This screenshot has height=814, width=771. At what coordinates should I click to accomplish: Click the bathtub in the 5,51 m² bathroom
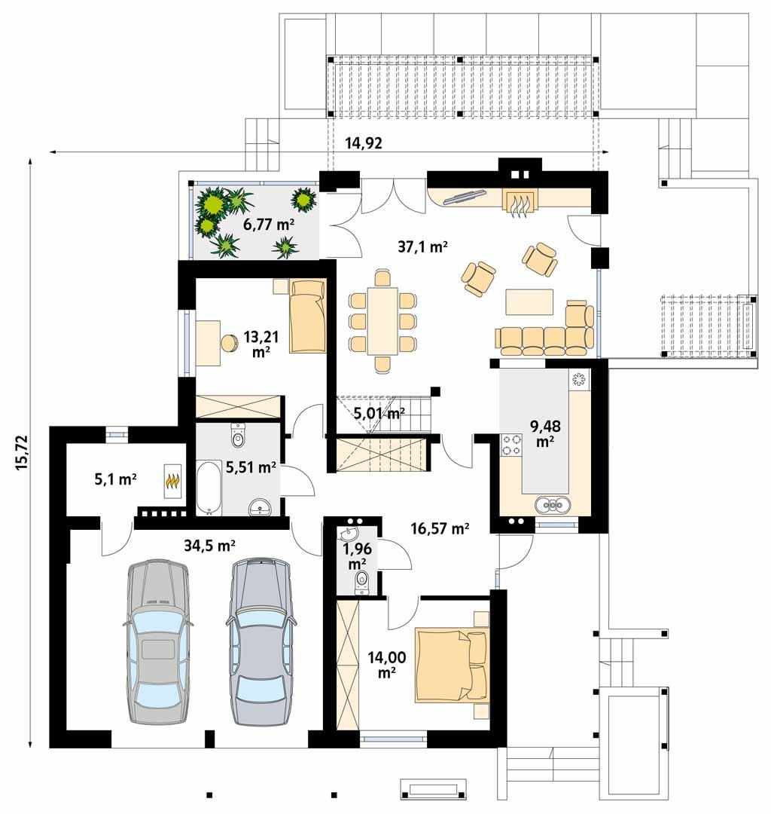point(209,488)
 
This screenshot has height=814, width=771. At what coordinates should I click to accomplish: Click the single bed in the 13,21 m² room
point(307,315)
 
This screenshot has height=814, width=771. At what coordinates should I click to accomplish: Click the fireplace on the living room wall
point(519,202)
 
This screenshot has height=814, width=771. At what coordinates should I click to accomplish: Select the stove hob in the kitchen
point(511,445)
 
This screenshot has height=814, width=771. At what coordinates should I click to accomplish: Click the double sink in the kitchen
point(553,504)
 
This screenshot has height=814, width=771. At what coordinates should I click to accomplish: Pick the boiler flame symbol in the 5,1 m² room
point(172,480)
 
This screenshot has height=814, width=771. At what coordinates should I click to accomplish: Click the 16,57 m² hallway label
point(440,529)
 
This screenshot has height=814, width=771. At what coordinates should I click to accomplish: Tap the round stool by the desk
point(229,344)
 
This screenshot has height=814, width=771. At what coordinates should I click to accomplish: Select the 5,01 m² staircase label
point(379,412)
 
